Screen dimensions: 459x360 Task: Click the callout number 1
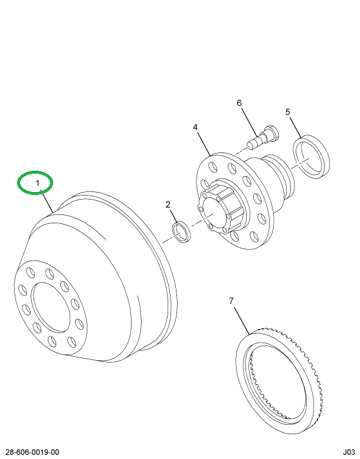(x=37, y=184)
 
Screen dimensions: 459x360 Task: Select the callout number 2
(x=168, y=204)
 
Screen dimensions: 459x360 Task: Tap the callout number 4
(x=195, y=126)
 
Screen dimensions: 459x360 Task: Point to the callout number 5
(x=287, y=112)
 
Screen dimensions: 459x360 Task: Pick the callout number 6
(x=240, y=103)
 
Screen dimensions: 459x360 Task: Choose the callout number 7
(x=231, y=301)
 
